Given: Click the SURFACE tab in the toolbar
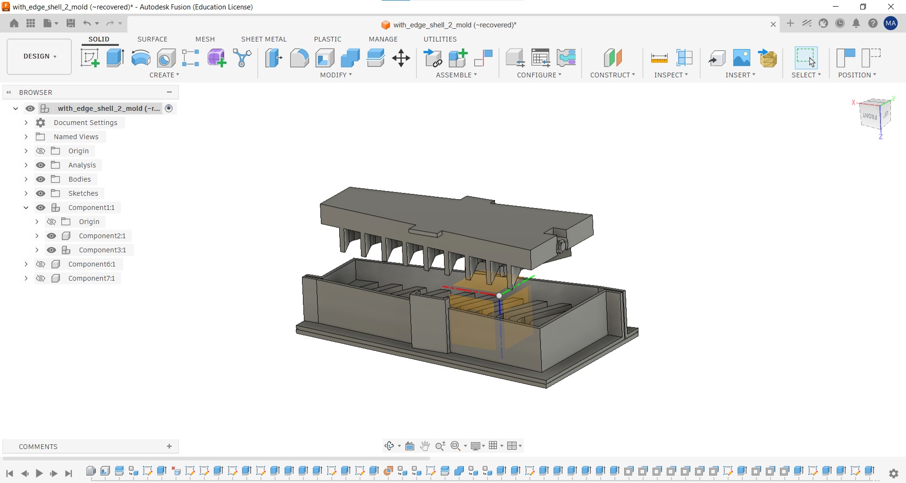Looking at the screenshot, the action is pos(152,39).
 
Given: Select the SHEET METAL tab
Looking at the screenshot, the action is pos(264,39).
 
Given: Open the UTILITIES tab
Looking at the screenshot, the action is pos(440,39).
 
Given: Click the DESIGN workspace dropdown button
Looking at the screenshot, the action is pos(39,57).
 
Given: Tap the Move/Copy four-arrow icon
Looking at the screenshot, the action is pos(401,58).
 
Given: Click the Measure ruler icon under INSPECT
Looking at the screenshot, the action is pos(659,58).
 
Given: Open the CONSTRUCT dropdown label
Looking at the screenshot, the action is pos(612,75).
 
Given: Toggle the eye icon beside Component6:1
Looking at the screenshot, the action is pos(41,264).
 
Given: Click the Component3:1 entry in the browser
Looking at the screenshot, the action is pos(102,250).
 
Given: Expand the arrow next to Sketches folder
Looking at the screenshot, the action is pos(26,193).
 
